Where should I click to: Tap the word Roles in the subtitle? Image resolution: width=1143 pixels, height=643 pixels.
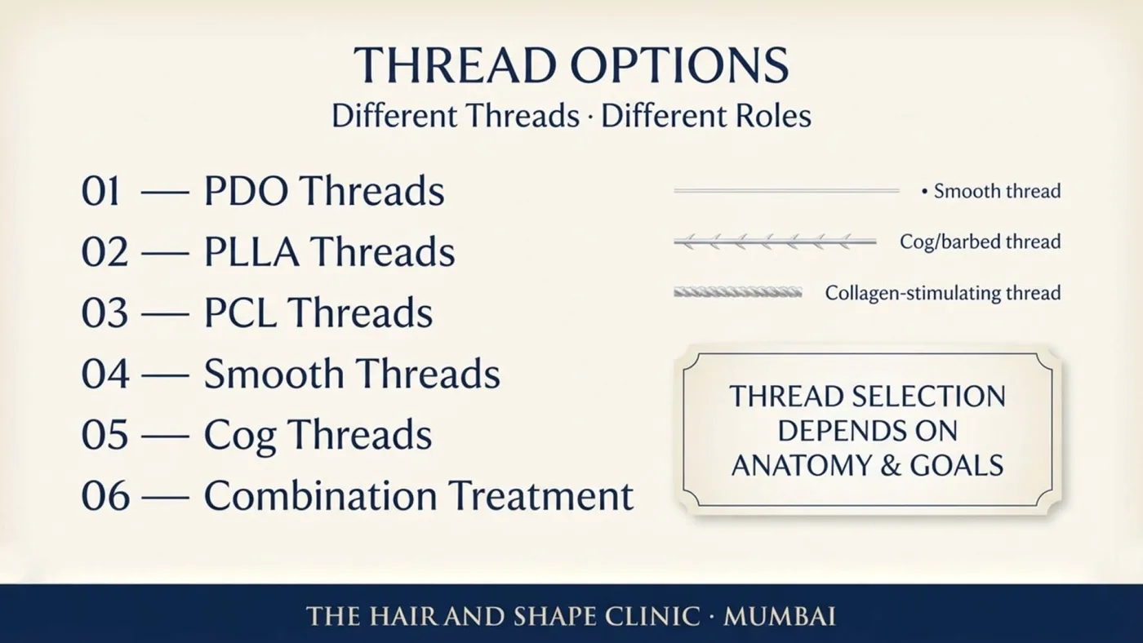coord(773,116)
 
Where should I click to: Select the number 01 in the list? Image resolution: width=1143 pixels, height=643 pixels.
coord(100,191)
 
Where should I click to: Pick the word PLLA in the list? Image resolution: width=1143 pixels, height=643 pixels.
coord(251,251)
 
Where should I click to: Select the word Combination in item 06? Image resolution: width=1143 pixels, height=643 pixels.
coord(320,495)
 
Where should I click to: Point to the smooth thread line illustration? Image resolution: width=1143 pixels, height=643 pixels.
coord(786,191)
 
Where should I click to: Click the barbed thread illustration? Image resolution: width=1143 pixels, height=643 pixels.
coord(775,242)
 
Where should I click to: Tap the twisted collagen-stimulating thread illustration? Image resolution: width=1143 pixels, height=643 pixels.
coord(737,292)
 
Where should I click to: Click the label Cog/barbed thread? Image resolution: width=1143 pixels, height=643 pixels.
coord(981,242)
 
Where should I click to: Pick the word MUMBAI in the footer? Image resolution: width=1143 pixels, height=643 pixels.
coord(780,616)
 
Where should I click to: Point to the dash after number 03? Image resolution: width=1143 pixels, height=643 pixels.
coord(165,314)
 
